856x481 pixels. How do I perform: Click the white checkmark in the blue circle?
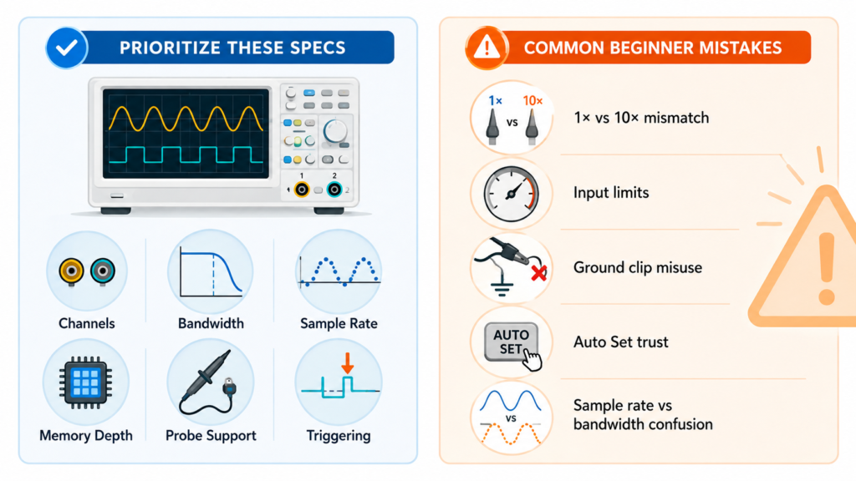pos(67,48)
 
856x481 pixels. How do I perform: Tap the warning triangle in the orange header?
pos(487,48)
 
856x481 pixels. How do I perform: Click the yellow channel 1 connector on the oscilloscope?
pos(301,190)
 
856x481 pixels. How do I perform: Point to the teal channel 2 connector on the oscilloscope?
pos(334,190)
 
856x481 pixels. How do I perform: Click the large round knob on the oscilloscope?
pos(334,131)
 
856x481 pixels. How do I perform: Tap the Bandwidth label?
pos(211,323)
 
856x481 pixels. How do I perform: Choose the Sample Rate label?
pos(339,323)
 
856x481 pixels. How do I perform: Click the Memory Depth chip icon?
pos(86,382)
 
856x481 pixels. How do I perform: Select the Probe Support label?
pos(211,436)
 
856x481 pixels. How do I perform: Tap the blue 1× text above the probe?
pos(495,101)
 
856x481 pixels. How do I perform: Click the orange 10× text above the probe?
pos(532,101)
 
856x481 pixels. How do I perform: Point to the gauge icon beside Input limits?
pos(511,194)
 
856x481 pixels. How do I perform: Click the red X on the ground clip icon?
pos(539,273)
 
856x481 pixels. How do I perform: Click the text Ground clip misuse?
pos(638,268)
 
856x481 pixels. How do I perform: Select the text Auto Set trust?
pos(621,342)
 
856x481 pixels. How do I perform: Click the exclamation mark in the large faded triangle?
pos(827,269)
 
